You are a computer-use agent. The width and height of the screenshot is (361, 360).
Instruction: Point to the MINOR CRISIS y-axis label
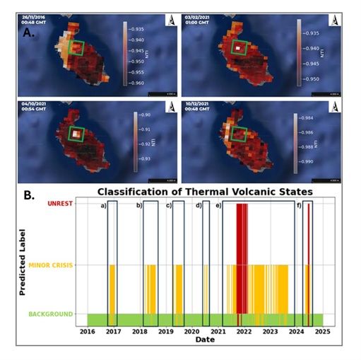click(x=52, y=265)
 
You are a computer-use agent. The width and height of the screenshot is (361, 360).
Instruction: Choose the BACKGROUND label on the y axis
click(x=51, y=314)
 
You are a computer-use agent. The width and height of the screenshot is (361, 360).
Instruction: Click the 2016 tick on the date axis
click(x=87, y=331)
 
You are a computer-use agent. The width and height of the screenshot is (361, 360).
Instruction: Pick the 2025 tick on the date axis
click(x=323, y=331)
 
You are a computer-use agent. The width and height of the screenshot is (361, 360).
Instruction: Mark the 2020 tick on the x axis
click(x=192, y=331)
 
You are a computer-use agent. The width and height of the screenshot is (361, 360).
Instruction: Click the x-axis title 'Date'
click(x=205, y=340)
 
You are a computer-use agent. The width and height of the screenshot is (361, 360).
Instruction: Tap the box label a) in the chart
click(x=102, y=205)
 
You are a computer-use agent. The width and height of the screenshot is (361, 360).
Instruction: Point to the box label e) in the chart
click(x=218, y=205)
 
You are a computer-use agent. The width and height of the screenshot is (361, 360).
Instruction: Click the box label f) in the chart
click(x=300, y=205)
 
